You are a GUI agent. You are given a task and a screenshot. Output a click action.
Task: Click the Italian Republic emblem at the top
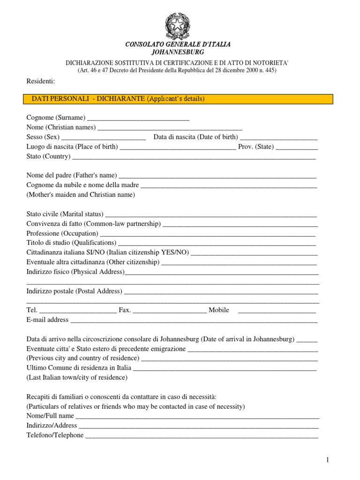[x=178, y=25]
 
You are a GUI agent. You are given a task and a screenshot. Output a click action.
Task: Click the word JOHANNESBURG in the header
[x=178, y=52]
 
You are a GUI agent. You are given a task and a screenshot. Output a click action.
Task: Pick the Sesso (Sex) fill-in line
[x=104, y=137]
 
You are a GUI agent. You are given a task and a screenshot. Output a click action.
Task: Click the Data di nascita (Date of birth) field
[x=279, y=137]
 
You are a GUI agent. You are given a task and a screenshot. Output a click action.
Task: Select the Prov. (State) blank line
[x=297, y=147]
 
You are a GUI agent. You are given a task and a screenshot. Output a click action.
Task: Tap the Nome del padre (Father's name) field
[x=218, y=176]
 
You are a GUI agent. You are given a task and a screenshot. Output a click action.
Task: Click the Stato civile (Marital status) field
[x=211, y=214]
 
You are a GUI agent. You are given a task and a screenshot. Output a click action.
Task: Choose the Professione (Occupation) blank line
[x=208, y=233]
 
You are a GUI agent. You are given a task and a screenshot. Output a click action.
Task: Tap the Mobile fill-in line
[x=277, y=310]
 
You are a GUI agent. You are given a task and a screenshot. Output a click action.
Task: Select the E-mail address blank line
[x=194, y=320]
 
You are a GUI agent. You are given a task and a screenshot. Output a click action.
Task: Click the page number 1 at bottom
[x=328, y=461]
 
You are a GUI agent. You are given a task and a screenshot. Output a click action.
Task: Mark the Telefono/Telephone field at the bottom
[x=202, y=435]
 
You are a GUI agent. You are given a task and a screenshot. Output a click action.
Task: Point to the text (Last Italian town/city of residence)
[x=77, y=377]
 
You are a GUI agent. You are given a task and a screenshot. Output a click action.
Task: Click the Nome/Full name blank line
[x=197, y=416]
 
